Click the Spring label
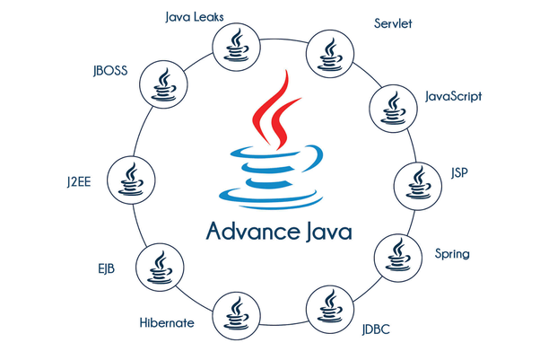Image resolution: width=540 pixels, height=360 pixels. (453, 254)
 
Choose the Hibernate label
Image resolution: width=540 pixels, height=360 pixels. (167, 321)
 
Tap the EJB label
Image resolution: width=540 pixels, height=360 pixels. (105, 267)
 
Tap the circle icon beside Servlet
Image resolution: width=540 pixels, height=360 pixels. (327, 55)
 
